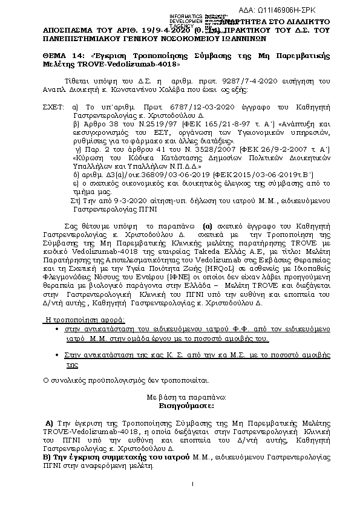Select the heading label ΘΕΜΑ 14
pos(63,56)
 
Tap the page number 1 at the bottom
pos(192,483)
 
